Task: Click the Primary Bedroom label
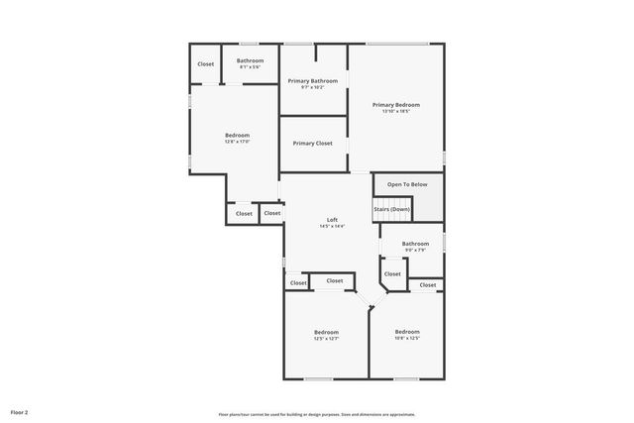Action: (396, 104)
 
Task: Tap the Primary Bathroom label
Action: (313, 80)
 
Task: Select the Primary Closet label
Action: (313, 143)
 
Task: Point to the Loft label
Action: (333, 219)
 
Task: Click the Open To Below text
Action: (407, 184)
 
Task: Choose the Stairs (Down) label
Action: (392, 209)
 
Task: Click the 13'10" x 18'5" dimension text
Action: (396, 111)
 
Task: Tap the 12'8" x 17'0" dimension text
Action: (238, 142)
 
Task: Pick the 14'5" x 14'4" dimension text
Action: (333, 226)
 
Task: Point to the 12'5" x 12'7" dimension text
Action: (327, 339)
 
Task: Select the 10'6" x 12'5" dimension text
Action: (407, 339)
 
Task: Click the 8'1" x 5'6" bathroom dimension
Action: (251, 67)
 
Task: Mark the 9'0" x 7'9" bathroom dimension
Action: (415, 250)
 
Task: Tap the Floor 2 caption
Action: (20, 411)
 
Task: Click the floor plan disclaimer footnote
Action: (317, 414)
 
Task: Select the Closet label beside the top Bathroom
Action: (206, 64)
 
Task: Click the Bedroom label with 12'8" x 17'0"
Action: (238, 135)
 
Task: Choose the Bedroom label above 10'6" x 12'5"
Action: (407, 332)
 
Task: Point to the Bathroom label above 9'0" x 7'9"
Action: (415, 243)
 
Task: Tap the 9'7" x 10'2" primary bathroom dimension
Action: (313, 87)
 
